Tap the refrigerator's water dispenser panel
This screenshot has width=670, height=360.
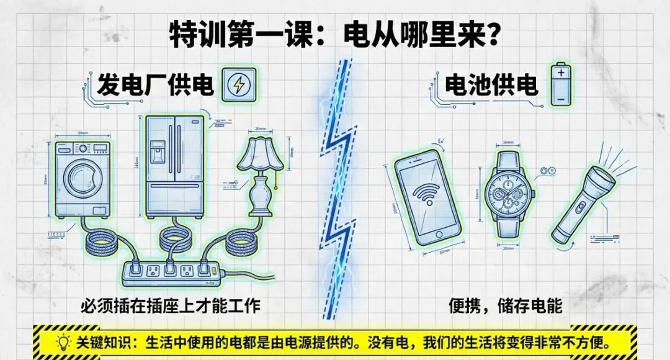(x=158, y=151)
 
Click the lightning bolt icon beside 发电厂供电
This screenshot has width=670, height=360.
(x=238, y=85)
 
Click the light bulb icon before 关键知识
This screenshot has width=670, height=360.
(x=63, y=342)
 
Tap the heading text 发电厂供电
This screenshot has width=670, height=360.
(x=155, y=86)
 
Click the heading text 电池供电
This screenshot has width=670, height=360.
(x=491, y=86)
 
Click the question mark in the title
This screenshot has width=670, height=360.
(x=493, y=35)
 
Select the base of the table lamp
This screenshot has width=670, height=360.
(x=262, y=211)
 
